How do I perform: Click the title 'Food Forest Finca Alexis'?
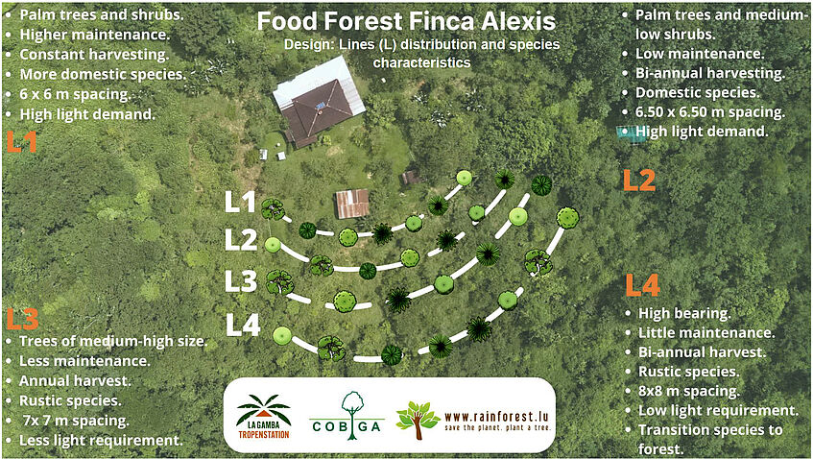tap(406, 21)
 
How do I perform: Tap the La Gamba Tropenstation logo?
tap(263, 416)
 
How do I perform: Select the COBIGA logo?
tap(347, 416)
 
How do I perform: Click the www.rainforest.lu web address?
tap(496, 417)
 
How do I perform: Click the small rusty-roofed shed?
tap(352, 204)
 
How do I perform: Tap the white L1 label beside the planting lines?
tap(240, 202)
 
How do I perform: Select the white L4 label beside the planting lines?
tap(243, 326)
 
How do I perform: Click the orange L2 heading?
tap(639, 180)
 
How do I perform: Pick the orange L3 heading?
tap(22, 319)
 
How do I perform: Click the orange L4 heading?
tap(642, 285)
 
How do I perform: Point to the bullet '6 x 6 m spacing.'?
tap(75, 94)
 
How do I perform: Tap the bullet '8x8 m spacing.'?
tap(689, 391)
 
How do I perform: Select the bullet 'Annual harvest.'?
tap(75, 380)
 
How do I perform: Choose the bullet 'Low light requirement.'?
tap(718, 411)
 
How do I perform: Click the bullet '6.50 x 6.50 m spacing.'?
tap(710, 112)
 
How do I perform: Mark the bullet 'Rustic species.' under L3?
tap(70, 400)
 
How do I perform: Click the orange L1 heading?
tap(21, 141)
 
